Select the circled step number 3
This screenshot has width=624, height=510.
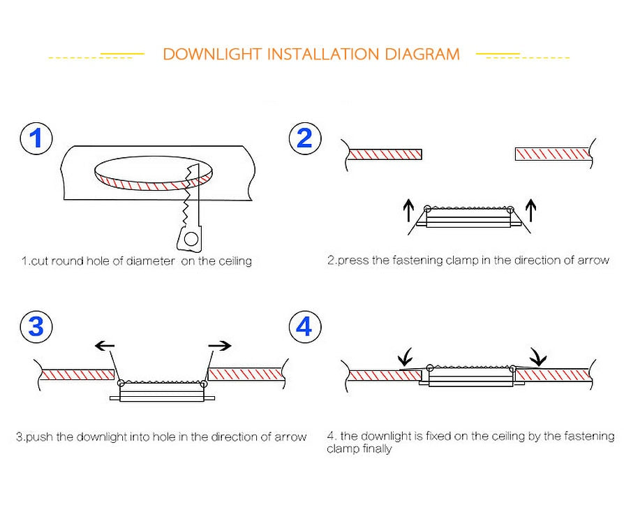(x=36, y=326)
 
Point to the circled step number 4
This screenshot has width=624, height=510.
(x=304, y=326)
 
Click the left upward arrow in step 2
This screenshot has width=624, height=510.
(x=409, y=210)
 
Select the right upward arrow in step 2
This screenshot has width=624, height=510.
(x=530, y=210)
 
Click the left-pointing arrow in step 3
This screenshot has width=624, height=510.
(x=105, y=345)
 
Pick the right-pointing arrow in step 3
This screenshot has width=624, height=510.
(x=220, y=345)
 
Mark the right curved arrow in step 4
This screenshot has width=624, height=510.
(x=538, y=358)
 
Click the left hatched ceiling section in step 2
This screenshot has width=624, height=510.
(x=385, y=154)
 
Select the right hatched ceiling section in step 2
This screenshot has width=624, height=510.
(x=553, y=154)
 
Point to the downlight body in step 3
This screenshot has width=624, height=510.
(x=163, y=393)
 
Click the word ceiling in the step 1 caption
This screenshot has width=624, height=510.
(x=233, y=261)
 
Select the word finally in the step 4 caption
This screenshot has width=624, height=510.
(x=378, y=449)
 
